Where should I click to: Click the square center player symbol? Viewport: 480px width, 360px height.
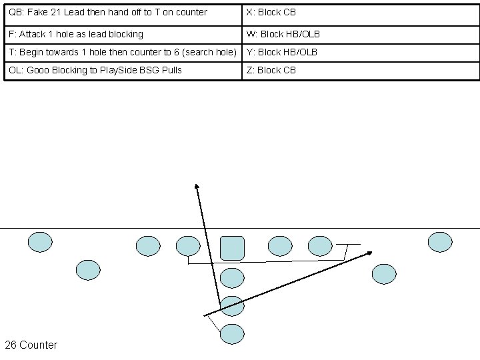pyautogui.click(x=232, y=247)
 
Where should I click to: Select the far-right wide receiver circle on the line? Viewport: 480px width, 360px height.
pyautogui.click(x=439, y=242)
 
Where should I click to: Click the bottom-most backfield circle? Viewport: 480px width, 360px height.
pyautogui.click(x=232, y=333)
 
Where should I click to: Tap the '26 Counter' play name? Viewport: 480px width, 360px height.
pyautogui.click(x=31, y=345)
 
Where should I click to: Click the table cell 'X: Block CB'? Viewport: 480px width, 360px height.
pyautogui.click(x=271, y=12)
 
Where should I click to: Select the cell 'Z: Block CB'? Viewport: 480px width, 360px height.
pyautogui.click(x=271, y=70)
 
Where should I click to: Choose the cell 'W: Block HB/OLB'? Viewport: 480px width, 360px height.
pyautogui.click(x=283, y=34)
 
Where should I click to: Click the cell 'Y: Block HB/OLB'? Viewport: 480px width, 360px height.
pyautogui.click(x=282, y=52)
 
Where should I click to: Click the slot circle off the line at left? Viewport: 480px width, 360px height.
pyautogui.click(x=87, y=269)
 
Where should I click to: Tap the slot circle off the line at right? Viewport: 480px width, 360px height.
pyautogui.click(x=383, y=273)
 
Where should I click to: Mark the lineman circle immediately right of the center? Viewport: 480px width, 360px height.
pyautogui.click(x=279, y=246)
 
